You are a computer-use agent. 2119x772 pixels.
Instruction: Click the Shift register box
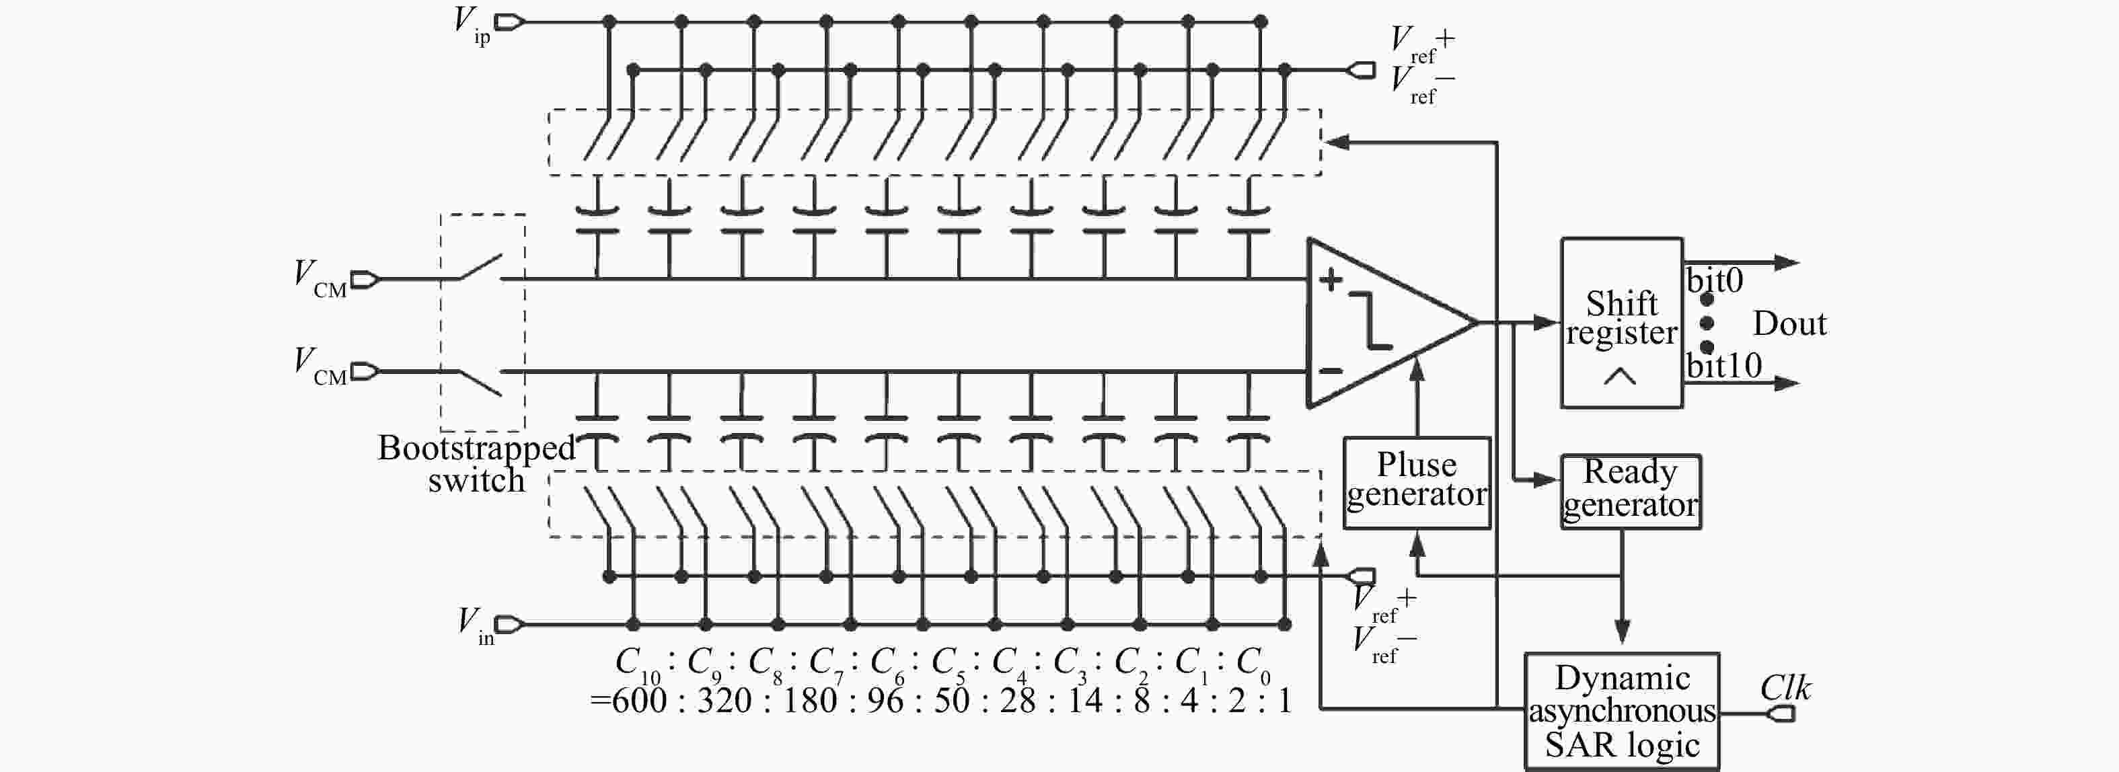pos(1621,323)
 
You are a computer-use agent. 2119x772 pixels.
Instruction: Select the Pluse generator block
pos(1417,483)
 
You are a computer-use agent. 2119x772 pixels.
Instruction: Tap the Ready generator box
pos(1631,492)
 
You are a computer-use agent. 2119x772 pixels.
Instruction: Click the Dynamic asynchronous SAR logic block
pos(1621,712)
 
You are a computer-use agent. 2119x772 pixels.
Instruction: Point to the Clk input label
pos(1785,688)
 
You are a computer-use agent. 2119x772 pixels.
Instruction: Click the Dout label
pos(1789,323)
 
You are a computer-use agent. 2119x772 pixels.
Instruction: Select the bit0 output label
pos(1714,281)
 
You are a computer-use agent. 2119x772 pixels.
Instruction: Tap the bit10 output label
pos(1723,365)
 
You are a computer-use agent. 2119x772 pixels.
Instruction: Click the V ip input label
pos(472,25)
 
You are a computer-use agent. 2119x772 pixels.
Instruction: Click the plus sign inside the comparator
pos(1330,280)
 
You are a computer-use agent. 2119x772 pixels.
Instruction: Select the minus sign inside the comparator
pos(1330,371)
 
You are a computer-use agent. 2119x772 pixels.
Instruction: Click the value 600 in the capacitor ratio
pos(638,701)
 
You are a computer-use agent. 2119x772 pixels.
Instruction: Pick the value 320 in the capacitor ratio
pos(724,701)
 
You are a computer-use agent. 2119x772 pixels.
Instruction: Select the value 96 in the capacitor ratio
pos(885,701)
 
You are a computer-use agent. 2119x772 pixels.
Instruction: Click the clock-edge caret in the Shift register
pos(1620,377)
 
